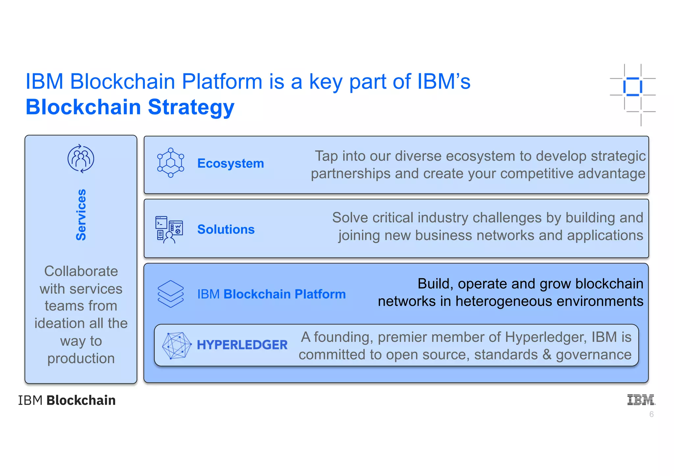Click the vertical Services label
pyautogui.click(x=81, y=215)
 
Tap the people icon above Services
pyautogui.click(x=81, y=159)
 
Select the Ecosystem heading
pyautogui.click(x=230, y=163)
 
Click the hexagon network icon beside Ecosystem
pyautogui.click(x=170, y=163)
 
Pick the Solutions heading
pyautogui.click(x=226, y=229)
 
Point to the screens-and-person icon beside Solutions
pyautogui.click(x=169, y=230)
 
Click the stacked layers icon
pyautogui.click(x=170, y=294)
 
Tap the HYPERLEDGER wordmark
pyautogui.click(x=242, y=345)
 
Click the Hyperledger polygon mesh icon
pyautogui.click(x=177, y=345)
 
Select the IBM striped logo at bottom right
pyautogui.click(x=641, y=400)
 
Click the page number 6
pyautogui.click(x=651, y=414)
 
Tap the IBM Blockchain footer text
pyautogui.click(x=67, y=400)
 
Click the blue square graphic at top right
pyautogui.click(x=633, y=87)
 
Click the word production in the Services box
pyautogui.click(x=81, y=359)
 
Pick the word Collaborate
pyautogui.click(x=81, y=271)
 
